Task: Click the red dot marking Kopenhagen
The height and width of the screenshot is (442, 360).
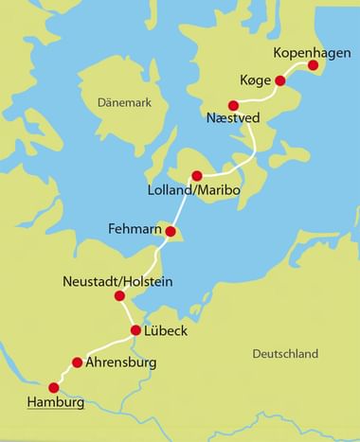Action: point(315,65)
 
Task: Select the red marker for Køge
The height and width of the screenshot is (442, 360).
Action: point(280,81)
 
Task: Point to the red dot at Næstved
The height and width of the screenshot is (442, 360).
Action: point(233,105)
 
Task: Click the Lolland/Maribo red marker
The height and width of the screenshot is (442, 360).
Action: point(197,176)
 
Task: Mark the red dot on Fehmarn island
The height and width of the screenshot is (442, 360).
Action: point(171,232)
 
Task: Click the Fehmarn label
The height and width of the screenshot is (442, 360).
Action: point(135,228)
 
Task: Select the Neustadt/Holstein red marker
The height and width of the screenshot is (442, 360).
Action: point(120,296)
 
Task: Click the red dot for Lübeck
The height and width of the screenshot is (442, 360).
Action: point(135,331)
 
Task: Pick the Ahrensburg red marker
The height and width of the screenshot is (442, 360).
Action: point(78,362)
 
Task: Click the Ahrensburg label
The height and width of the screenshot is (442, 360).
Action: point(120,362)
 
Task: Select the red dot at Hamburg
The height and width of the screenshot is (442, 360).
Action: point(54,388)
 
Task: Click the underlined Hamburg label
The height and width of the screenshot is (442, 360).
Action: point(56,404)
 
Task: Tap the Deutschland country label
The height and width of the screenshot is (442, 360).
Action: point(285,354)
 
